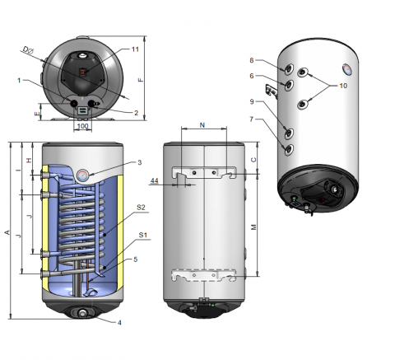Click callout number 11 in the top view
tap(135, 49)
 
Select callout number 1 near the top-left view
tap(19, 81)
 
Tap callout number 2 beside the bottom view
tap(137, 113)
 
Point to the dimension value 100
tap(82, 126)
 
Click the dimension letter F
tap(141, 80)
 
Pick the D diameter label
tap(28, 50)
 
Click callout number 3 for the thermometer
tap(140, 162)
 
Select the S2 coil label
tap(141, 208)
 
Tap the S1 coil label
tap(143, 235)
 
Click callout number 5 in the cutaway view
tap(135, 259)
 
